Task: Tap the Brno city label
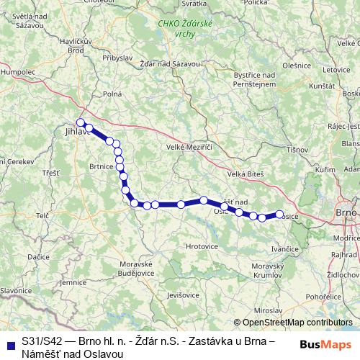347,214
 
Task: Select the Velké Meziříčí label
192,147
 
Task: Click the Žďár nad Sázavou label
169,64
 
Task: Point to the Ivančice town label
285,248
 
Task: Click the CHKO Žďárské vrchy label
184,29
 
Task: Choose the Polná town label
112,94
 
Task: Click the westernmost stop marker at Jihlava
81,122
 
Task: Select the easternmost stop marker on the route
279,214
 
